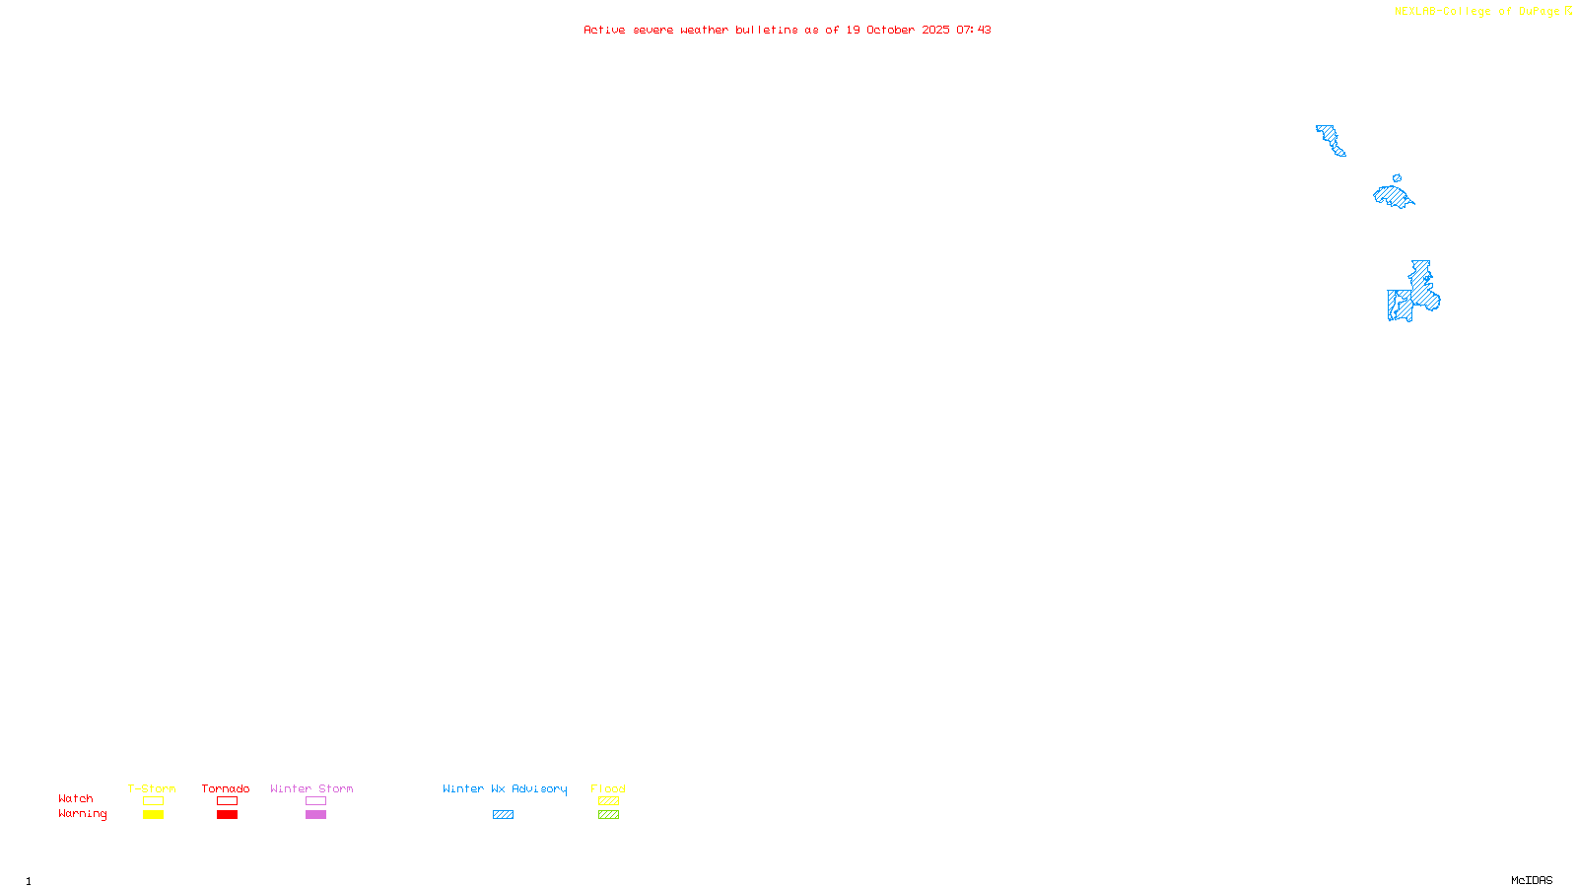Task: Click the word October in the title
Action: (x=890, y=30)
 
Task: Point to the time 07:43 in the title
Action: (x=973, y=30)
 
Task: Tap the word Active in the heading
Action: (x=603, y=30)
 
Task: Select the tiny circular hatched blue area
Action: (x=1397, y=178)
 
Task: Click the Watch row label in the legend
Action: (x=76, y=798)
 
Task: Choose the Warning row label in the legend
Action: (x=82, y=814)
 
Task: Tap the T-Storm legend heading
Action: (x=152, y=788)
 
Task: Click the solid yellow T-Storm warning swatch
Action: (x=153, y=815)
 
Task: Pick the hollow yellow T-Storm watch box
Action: (x=153, y=801)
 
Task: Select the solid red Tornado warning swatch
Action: (x=227, y=815)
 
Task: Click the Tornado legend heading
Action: (x=226, y=788)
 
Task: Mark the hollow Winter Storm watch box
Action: (x=315, y=801)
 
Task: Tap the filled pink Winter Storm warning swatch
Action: (x=315, y=815)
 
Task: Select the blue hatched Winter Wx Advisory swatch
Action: (x=503, y=815)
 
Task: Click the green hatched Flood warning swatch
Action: (x=608, y=815)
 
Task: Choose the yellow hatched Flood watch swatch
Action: (x=608, y=801)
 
